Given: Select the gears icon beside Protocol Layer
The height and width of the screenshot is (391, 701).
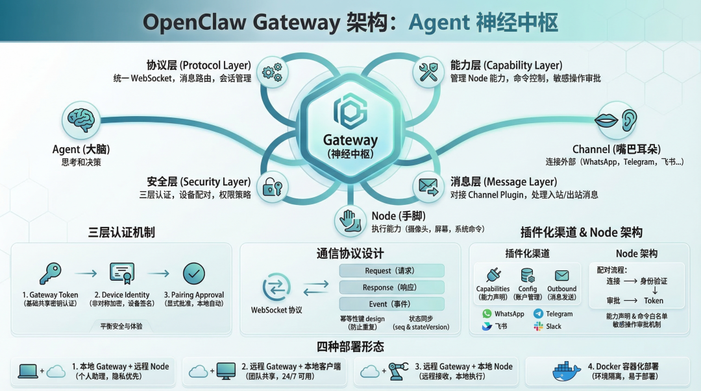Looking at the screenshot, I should (273, 71).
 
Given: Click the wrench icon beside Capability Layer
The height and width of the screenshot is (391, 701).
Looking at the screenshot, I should (428, 71).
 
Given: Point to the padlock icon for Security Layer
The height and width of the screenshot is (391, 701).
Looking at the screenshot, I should (273, 188).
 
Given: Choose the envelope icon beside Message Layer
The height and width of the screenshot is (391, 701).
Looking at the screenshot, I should (428, 187).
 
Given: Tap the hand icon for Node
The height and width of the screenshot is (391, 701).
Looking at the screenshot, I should (350, 220).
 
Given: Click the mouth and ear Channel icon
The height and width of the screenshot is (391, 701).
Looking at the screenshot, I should (617, 121).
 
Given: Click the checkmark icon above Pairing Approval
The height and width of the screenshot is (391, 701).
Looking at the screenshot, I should (193, 274).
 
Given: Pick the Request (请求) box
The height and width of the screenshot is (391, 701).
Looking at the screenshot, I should (391, 270).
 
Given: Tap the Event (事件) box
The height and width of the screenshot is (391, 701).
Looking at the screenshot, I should (391, 303).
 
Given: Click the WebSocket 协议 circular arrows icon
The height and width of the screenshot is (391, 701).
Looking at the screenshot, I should (277, 287).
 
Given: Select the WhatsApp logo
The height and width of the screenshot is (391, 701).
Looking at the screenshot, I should (487, 314).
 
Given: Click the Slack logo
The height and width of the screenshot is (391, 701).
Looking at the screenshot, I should (538, 327).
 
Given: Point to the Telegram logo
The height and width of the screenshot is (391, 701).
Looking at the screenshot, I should (538, 314).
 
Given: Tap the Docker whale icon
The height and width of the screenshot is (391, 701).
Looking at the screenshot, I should (566, 372).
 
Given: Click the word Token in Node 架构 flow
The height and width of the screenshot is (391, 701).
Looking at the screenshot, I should (654, 301).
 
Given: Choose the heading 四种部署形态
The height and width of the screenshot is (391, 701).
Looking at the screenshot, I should (350, 346).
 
